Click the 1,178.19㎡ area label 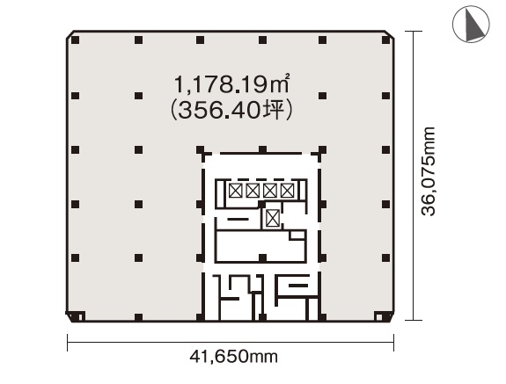[231, 84]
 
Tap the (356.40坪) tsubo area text [231, 110]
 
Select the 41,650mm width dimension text [233, 357]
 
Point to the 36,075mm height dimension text [429, 171]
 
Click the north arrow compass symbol [471, 24]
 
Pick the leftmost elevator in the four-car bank [236, 191]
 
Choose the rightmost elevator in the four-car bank [287, 191]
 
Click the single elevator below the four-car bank [273, 218]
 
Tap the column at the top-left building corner [75, 40]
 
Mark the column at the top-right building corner [385, 40]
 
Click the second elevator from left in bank [253, 191]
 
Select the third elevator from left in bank [270, 191]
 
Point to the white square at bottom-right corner [379, 317]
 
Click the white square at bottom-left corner [81, 317]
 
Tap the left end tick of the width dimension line [68, 343]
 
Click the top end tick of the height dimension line [414, 32]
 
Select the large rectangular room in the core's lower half [260, 246]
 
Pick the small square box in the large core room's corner [297, 235]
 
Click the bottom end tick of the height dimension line [414, 320]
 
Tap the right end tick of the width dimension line [393, 343]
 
